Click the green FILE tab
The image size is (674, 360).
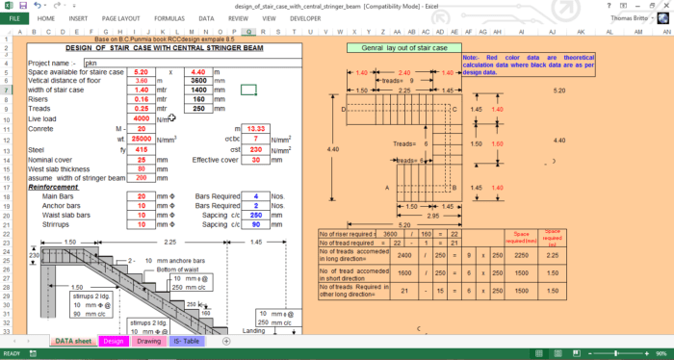[15, 17]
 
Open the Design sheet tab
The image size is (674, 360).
[113, 341]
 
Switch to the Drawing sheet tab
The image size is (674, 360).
[148, 341]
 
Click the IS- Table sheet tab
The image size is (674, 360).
[187, 341]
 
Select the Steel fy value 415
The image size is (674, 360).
[141, 150]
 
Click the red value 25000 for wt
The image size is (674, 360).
[141, 139]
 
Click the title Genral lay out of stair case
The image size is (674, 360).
[399, 47]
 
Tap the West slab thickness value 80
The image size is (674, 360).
[141, 169]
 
